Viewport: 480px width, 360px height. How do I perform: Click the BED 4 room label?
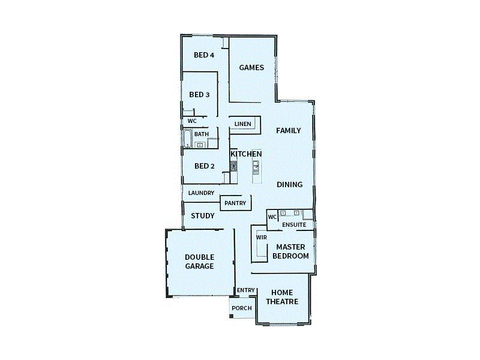tap(204, 55)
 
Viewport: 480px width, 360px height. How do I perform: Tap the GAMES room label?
tap(251, 68)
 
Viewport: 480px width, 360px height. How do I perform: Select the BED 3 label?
tap(199, 95)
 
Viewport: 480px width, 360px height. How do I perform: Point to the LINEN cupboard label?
tap(243, 124)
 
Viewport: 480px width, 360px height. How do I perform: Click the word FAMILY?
tap(288, 131)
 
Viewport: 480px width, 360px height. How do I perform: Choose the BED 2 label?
tap(204, 166)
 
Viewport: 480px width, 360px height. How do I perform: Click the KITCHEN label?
tap(246, 154)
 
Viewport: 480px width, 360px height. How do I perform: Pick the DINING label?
tap(289, 185)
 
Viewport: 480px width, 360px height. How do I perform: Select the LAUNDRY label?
tap(201, 193)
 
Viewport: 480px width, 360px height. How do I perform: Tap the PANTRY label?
tap(235, 203)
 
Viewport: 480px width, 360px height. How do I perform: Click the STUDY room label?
tap(203, 216)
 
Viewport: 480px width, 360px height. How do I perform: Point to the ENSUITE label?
tap(294, 225)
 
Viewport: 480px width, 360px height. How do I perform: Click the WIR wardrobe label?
tap(261, 238)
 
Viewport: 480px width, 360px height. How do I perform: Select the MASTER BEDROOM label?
tap(290, 251)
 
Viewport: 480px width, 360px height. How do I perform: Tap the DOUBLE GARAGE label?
tap(199, 262)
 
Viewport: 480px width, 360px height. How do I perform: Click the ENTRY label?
tap(246, 290)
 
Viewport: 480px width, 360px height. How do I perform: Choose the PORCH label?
tap(242, 308)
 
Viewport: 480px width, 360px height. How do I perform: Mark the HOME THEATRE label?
tap(281, 297)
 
